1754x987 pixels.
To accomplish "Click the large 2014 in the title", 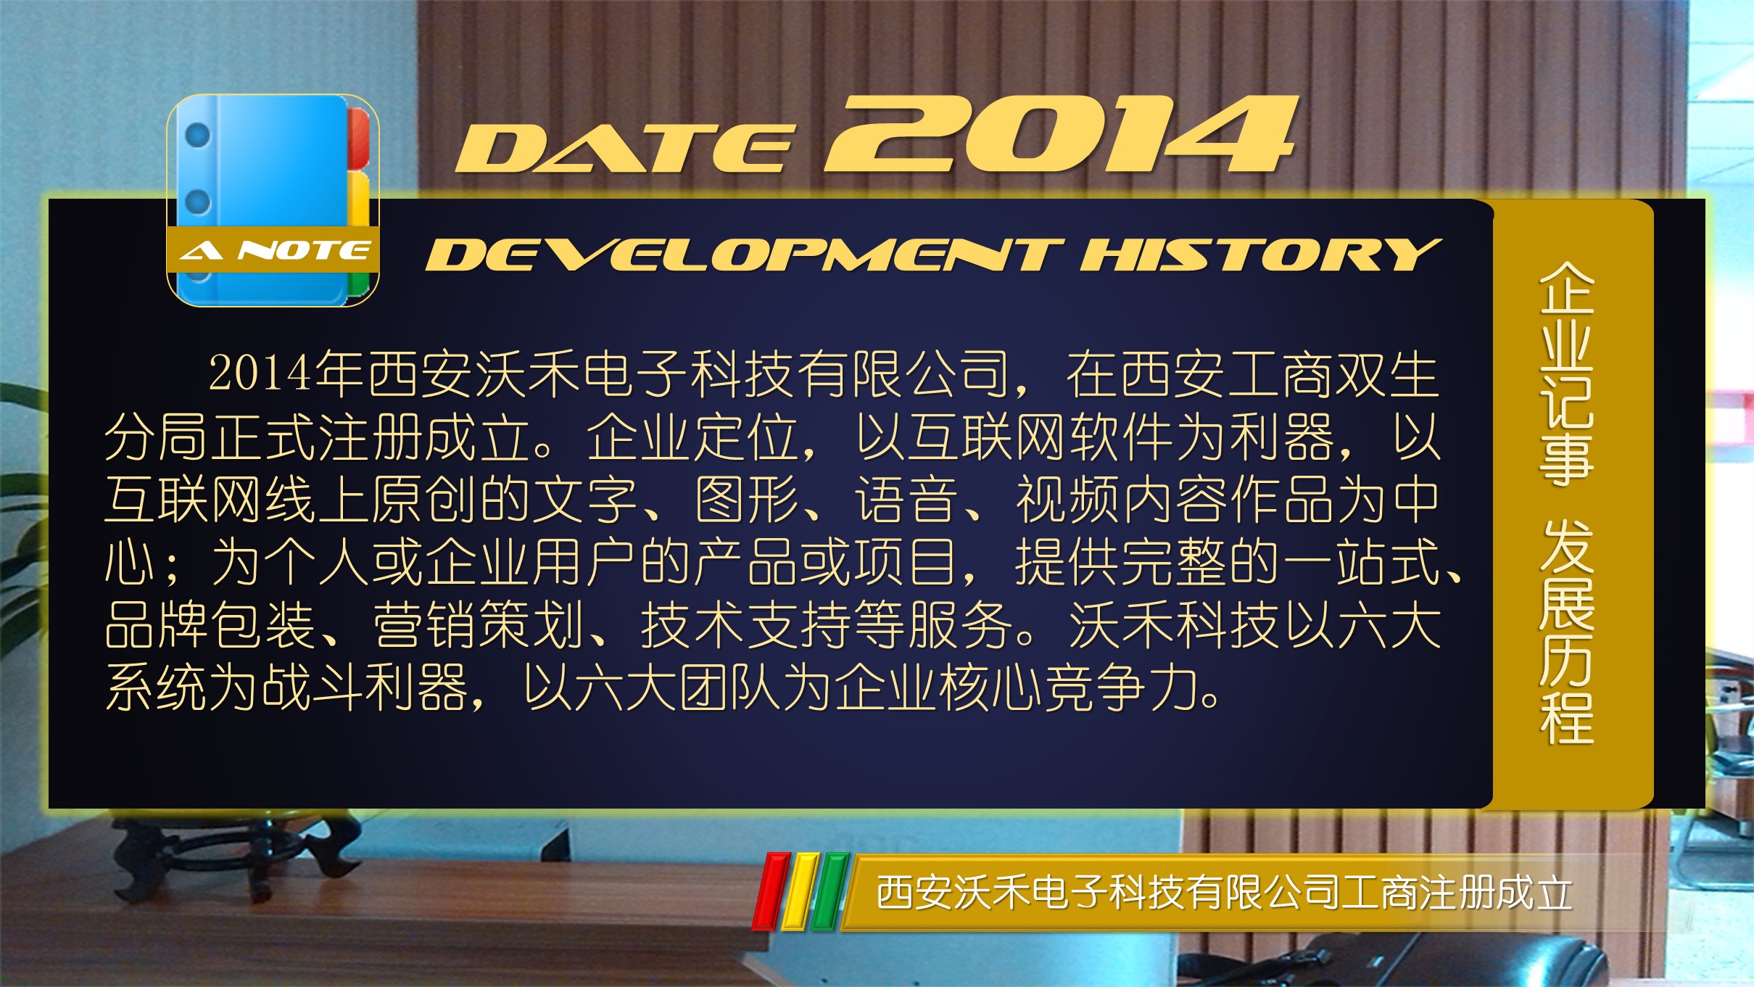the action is [1061, 134].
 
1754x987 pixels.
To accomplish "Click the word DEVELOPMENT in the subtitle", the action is [745, 255].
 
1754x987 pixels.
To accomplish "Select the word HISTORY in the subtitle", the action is [1260, 255].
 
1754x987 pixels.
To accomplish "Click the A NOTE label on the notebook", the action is [274, 251].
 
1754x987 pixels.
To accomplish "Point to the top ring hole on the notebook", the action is [197, 135].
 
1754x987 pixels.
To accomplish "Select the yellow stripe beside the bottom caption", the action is [801, 891].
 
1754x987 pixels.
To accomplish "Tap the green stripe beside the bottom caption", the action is [830, 891].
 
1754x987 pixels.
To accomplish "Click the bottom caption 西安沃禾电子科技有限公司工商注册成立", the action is [1224, 893].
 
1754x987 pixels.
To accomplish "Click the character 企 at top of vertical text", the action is [1566, 288].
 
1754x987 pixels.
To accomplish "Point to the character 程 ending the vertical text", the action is [1566, 718].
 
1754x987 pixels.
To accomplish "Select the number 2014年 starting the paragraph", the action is [287, 374].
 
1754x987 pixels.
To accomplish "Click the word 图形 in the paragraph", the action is [747, 500].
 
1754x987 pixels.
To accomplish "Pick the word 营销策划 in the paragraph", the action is [479, 625].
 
